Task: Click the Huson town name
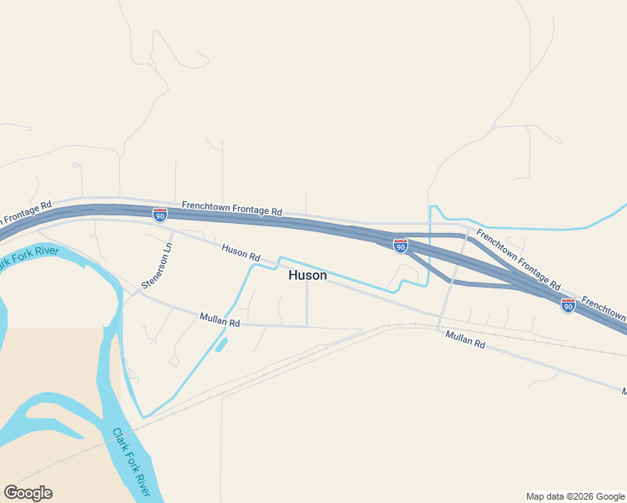coord(308,275)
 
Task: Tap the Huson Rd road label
coord(241,251)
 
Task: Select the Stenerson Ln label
coord(157,267)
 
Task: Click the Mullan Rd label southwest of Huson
coord(220,319)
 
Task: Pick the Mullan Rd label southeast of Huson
coord(465,339)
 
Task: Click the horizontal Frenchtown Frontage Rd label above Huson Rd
coord(232,209)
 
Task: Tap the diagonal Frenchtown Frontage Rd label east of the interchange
coord(517,259)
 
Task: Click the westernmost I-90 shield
coord(159,215)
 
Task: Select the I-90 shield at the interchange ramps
coord(401,245)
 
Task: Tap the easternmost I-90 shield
coord(568,305)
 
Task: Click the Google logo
coord(28,493)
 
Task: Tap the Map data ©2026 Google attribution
coord(575,496)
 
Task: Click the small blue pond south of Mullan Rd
coord(220,343)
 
